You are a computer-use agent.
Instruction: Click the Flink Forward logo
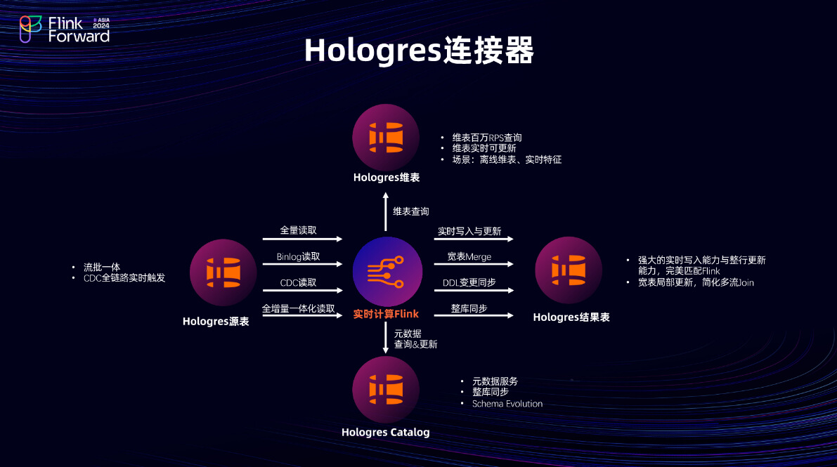pos(65,29)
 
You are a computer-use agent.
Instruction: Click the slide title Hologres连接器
pos(419,51)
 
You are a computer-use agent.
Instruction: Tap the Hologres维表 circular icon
pos(386,137)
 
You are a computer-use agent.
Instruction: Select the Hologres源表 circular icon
pos(223,272)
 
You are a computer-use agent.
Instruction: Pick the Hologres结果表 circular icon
pos(569,269)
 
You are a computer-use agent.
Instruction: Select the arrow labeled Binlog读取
pos(302,265)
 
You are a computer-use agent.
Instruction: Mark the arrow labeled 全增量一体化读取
pos(302,316)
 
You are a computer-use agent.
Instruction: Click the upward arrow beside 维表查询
pos(386,212)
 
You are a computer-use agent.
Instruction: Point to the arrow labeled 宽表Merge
pos(473,265)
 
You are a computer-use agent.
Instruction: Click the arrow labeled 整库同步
pos(473,316)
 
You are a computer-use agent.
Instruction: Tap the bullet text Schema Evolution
pos(507,404)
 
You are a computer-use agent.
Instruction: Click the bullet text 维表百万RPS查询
pos(486,138)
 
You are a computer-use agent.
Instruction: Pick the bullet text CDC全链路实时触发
pos(124,278)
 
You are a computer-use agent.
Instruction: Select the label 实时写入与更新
pos(469,230)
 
